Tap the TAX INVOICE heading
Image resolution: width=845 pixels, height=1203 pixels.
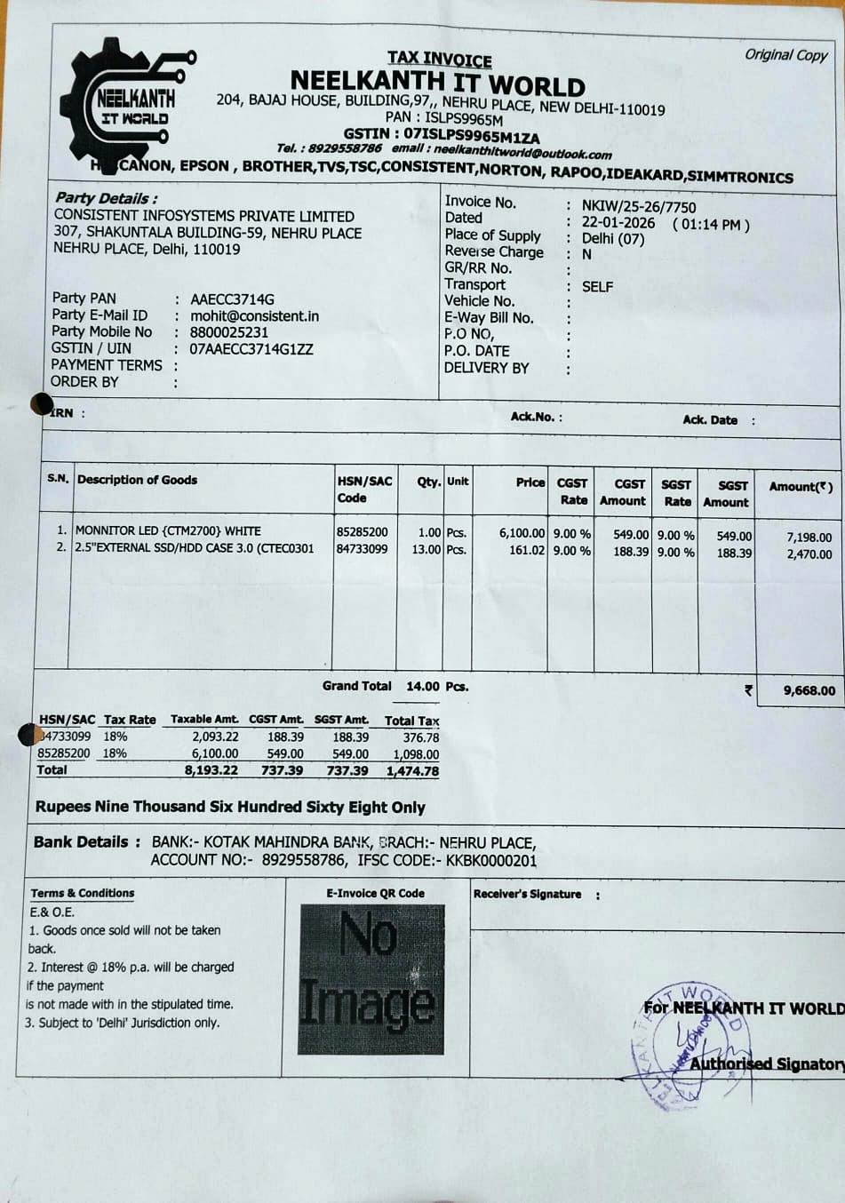(439, 59)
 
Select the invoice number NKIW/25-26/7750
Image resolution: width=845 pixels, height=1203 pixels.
(639, 206)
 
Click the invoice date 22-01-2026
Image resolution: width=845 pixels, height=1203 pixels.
(618, 223)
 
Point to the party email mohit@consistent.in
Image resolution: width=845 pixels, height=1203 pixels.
(254, 315)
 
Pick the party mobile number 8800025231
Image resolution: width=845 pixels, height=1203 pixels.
(229, 332)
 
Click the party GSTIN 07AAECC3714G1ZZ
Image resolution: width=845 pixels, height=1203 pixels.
(251, 349)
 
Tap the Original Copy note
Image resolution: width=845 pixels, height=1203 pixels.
(785, 55)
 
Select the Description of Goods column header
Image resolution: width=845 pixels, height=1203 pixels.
(138, 480)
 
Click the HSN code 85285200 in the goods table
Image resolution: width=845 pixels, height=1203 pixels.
(362, 531)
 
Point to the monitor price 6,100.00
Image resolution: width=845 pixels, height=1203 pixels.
(522, 533)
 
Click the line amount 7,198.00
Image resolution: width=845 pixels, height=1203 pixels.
(809, 537)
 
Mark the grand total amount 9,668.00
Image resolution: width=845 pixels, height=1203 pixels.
(809, 690)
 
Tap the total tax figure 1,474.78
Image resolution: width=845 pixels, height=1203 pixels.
(412, 771)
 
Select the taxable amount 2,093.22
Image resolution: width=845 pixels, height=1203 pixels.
(215, 737)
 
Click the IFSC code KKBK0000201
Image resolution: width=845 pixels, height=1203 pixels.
(491, 860)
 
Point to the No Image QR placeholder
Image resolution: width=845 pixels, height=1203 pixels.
(371, 979)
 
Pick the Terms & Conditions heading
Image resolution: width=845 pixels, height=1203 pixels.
(83, 893)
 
